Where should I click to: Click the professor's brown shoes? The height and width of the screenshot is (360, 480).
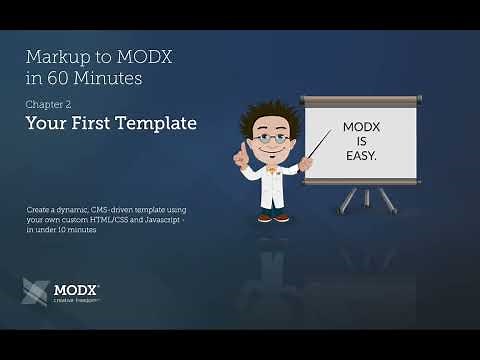(x=272, y=217)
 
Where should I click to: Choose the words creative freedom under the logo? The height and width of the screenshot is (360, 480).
(x=77, y=300)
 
